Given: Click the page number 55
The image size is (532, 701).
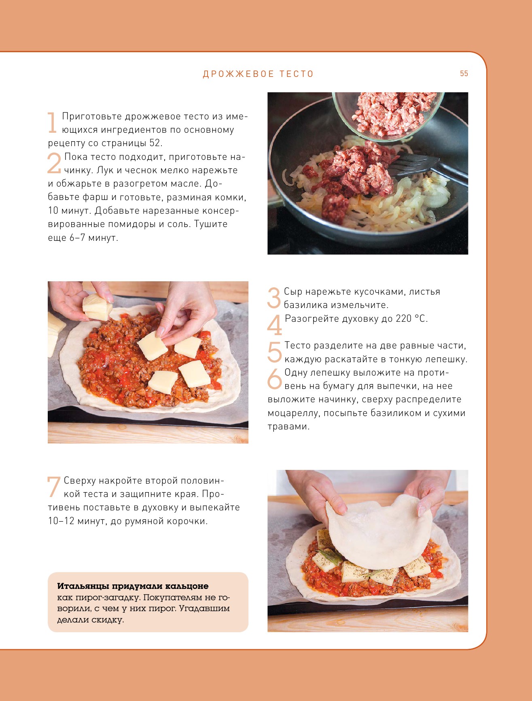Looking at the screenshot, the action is [x=464, y=74].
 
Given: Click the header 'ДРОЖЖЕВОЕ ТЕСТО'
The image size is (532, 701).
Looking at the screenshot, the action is [x=258, y=74].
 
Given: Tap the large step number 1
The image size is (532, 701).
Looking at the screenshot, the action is [x=52, y=123].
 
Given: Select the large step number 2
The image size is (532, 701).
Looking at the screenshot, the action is [x=54, y=163].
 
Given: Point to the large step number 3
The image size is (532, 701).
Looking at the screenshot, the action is [x=274, y=298].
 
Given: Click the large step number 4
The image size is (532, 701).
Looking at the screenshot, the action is [x=274, y=325].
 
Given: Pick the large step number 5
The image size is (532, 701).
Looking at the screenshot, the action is [x=274, y=352].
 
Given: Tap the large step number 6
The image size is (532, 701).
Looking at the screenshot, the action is [x=274, y=379].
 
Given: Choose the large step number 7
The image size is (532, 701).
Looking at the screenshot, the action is [x=54, y=487].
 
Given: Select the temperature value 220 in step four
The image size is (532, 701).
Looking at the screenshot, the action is [x=403, y=319].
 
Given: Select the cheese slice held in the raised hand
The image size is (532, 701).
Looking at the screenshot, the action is [x=97, y=307].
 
